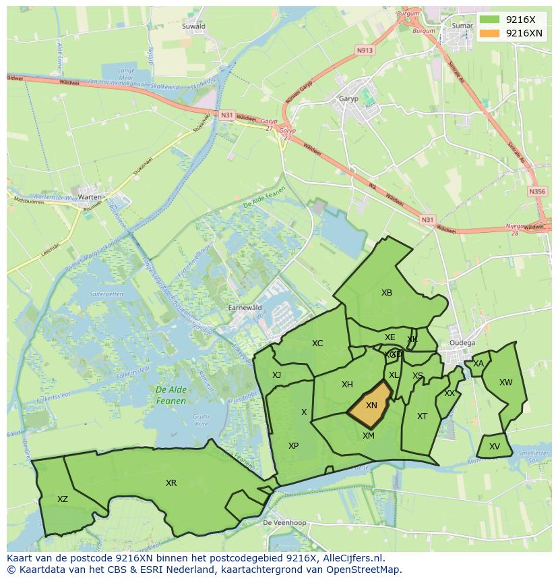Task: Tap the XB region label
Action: tap(386, 293)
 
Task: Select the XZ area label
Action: tap(63, 499)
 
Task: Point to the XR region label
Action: tap(171, 483)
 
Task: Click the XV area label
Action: tap(495, 447)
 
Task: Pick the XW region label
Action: tap(505, 383)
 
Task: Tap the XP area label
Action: tap(293, 446)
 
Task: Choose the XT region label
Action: tap(422, 416)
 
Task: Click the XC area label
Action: tap(317, 343)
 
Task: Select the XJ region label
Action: tap(276, 375)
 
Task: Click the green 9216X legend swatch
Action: tap(490, 20)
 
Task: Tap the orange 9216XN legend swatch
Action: tap(490, 33)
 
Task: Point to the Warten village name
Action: tap(90, 197)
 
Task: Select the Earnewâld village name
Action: tap(245, 307)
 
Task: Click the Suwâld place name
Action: tap(193, 26)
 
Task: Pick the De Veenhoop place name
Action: tap(284, 523)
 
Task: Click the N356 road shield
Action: tap(537, 192)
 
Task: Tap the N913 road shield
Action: tap(365, 50)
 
